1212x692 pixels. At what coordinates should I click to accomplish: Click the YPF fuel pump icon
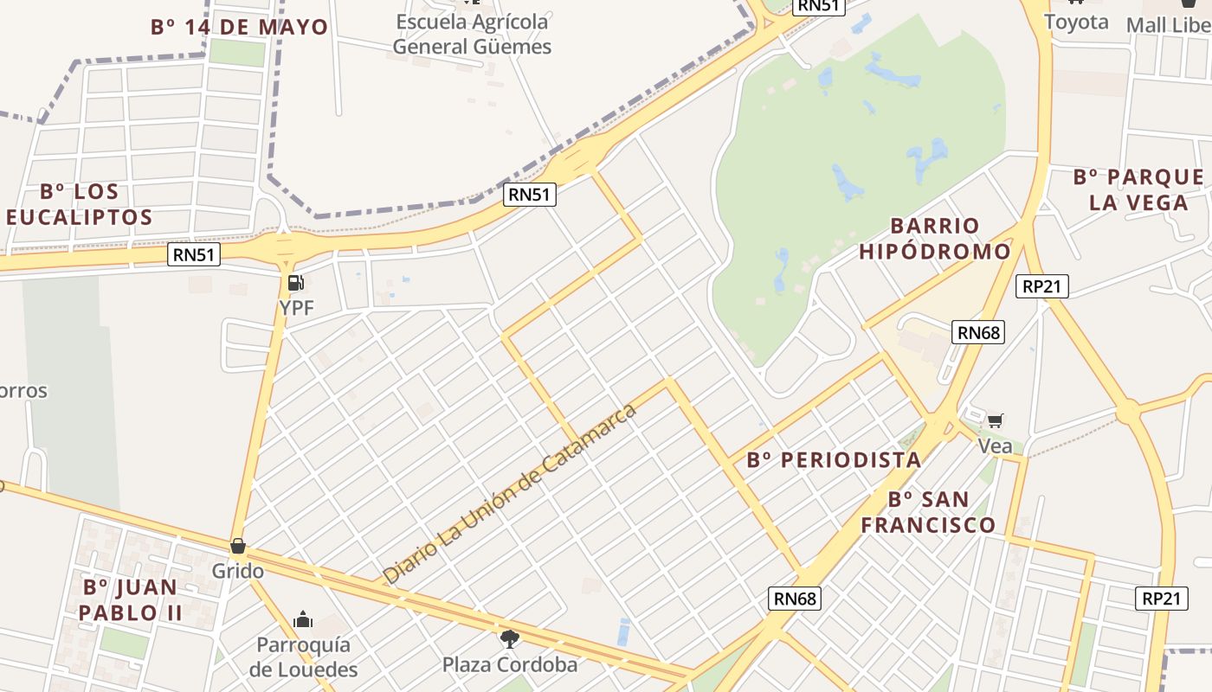295,283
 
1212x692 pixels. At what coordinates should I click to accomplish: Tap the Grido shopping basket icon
238,547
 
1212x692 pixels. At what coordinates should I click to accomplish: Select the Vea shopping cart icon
996,420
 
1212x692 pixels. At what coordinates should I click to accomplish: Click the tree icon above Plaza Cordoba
510,639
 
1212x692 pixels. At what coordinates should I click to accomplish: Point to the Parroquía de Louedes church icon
303,619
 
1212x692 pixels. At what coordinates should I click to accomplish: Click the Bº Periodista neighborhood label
834,460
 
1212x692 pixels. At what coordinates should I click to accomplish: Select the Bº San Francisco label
928,512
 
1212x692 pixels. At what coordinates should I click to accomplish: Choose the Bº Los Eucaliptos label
80,204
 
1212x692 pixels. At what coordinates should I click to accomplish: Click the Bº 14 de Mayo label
240,27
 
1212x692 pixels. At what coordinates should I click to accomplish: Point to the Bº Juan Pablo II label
131,599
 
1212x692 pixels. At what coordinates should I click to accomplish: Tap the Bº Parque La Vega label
1138,189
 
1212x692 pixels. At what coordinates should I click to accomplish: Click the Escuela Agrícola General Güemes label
472,34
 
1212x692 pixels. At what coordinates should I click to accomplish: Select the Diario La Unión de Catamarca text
510,492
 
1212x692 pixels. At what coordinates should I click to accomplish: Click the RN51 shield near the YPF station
194,254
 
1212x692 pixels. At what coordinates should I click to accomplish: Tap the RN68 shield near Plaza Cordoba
794,599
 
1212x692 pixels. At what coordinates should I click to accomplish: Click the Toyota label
1076,22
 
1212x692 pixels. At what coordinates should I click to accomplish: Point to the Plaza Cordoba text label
510,664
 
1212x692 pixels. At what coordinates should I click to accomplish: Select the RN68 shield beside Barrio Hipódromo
978,332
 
